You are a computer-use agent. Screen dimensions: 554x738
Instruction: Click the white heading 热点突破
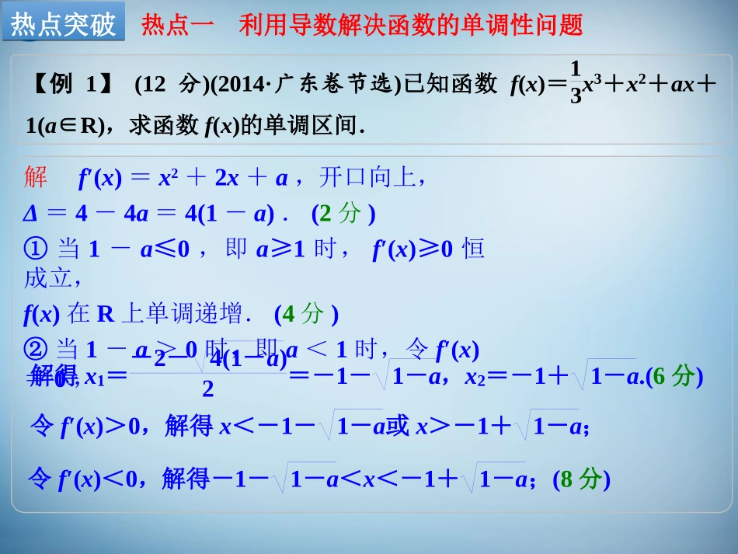click(63, 24)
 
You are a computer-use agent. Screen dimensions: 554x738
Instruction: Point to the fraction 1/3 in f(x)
click(576, 84)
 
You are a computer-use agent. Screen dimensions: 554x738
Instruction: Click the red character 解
click(37, 178)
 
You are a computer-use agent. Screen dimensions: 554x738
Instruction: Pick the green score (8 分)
click(582, 479)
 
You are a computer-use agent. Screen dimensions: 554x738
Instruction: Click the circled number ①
click(37, 249)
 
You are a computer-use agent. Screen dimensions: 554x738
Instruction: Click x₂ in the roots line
click(474, 378)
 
